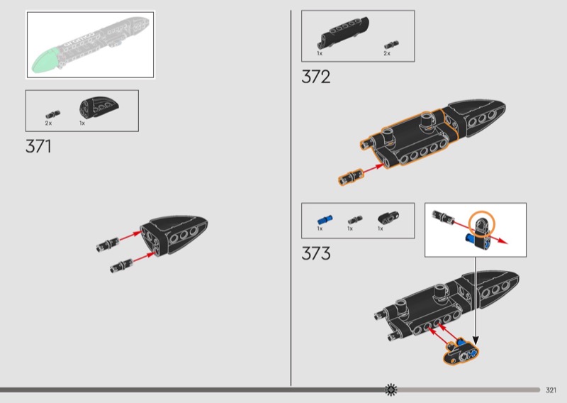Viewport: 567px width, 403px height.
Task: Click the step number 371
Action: [38, 146]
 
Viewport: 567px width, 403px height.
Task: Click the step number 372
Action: [315, 77]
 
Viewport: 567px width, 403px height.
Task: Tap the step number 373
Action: [315, 253]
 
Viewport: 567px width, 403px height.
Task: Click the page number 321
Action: [551, 390]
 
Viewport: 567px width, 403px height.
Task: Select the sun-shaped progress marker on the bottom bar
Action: [391, 390]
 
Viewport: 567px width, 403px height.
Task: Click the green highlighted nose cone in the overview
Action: [45, 61]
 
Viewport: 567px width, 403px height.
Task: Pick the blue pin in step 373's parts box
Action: [325, 219]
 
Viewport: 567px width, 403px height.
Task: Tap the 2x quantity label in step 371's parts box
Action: [48, 123]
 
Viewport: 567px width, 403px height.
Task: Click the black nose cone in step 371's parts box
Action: [99, 107]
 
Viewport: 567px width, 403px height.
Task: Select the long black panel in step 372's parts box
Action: [343, 33]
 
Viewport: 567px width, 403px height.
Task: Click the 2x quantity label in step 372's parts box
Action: [387, 54]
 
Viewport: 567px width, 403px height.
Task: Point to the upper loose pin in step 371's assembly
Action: [108, 244]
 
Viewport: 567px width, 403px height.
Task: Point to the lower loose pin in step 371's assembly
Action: [121, 266]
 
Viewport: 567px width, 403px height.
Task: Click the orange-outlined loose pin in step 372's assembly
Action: [350, 177]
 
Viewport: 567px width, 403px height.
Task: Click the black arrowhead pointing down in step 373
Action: [476, 341]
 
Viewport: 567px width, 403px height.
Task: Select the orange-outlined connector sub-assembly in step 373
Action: [461, 352]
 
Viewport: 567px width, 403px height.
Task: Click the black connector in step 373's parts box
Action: [388, 218]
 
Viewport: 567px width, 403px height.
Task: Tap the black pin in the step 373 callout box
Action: [443, 216]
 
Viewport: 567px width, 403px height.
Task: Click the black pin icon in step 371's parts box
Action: [52, 115]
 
